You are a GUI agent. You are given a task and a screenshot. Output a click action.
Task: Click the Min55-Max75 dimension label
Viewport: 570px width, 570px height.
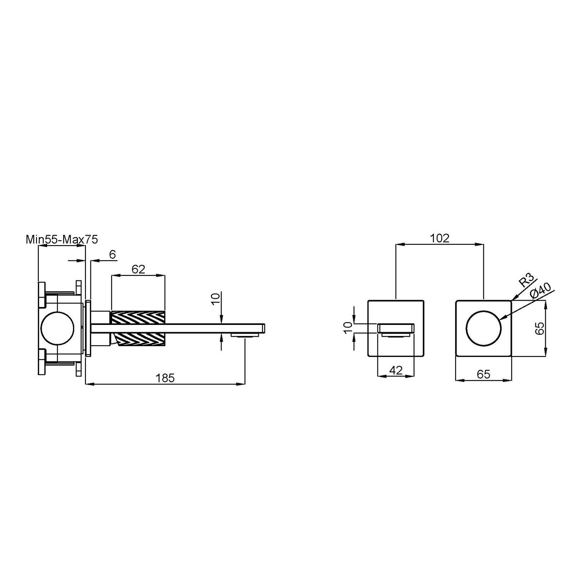pos(62,239)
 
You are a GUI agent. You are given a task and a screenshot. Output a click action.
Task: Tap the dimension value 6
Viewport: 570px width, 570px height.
pos(112,255)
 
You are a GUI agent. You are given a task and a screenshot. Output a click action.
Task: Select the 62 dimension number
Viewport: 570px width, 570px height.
pos(138,269)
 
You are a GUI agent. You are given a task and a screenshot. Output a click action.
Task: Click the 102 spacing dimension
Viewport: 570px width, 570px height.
pos(440,238)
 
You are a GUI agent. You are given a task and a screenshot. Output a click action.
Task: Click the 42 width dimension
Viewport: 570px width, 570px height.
pos(396,370)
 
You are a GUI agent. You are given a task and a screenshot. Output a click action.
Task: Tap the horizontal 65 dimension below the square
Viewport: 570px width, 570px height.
pos(483,374)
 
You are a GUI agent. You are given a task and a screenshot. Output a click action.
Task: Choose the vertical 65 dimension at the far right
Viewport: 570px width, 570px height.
pos(540,328)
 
